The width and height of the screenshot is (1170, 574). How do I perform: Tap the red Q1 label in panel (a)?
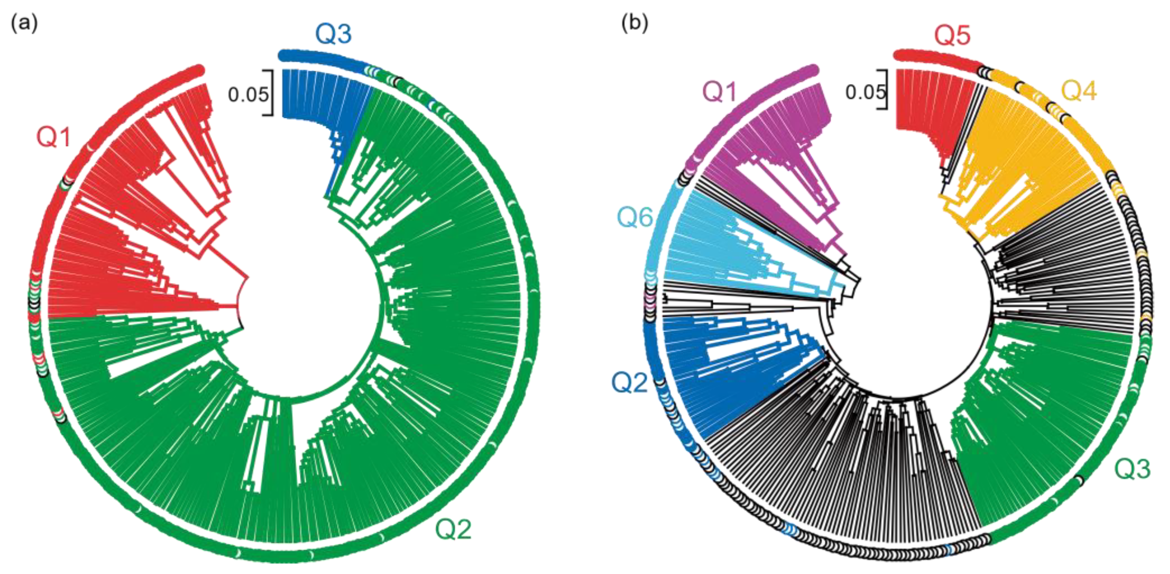[53, 136]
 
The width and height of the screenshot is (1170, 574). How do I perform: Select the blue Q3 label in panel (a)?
[334, 34]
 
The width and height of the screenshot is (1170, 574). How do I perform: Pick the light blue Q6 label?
[635, 218]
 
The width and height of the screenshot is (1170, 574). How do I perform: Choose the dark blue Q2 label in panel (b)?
[629, 382]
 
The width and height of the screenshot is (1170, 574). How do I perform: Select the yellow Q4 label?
[1079, 91]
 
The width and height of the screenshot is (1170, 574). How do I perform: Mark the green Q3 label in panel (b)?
[1132, 469]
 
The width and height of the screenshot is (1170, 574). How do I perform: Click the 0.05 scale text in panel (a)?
[248, 95]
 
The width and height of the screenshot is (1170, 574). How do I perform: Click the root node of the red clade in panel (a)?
[248, 277]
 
